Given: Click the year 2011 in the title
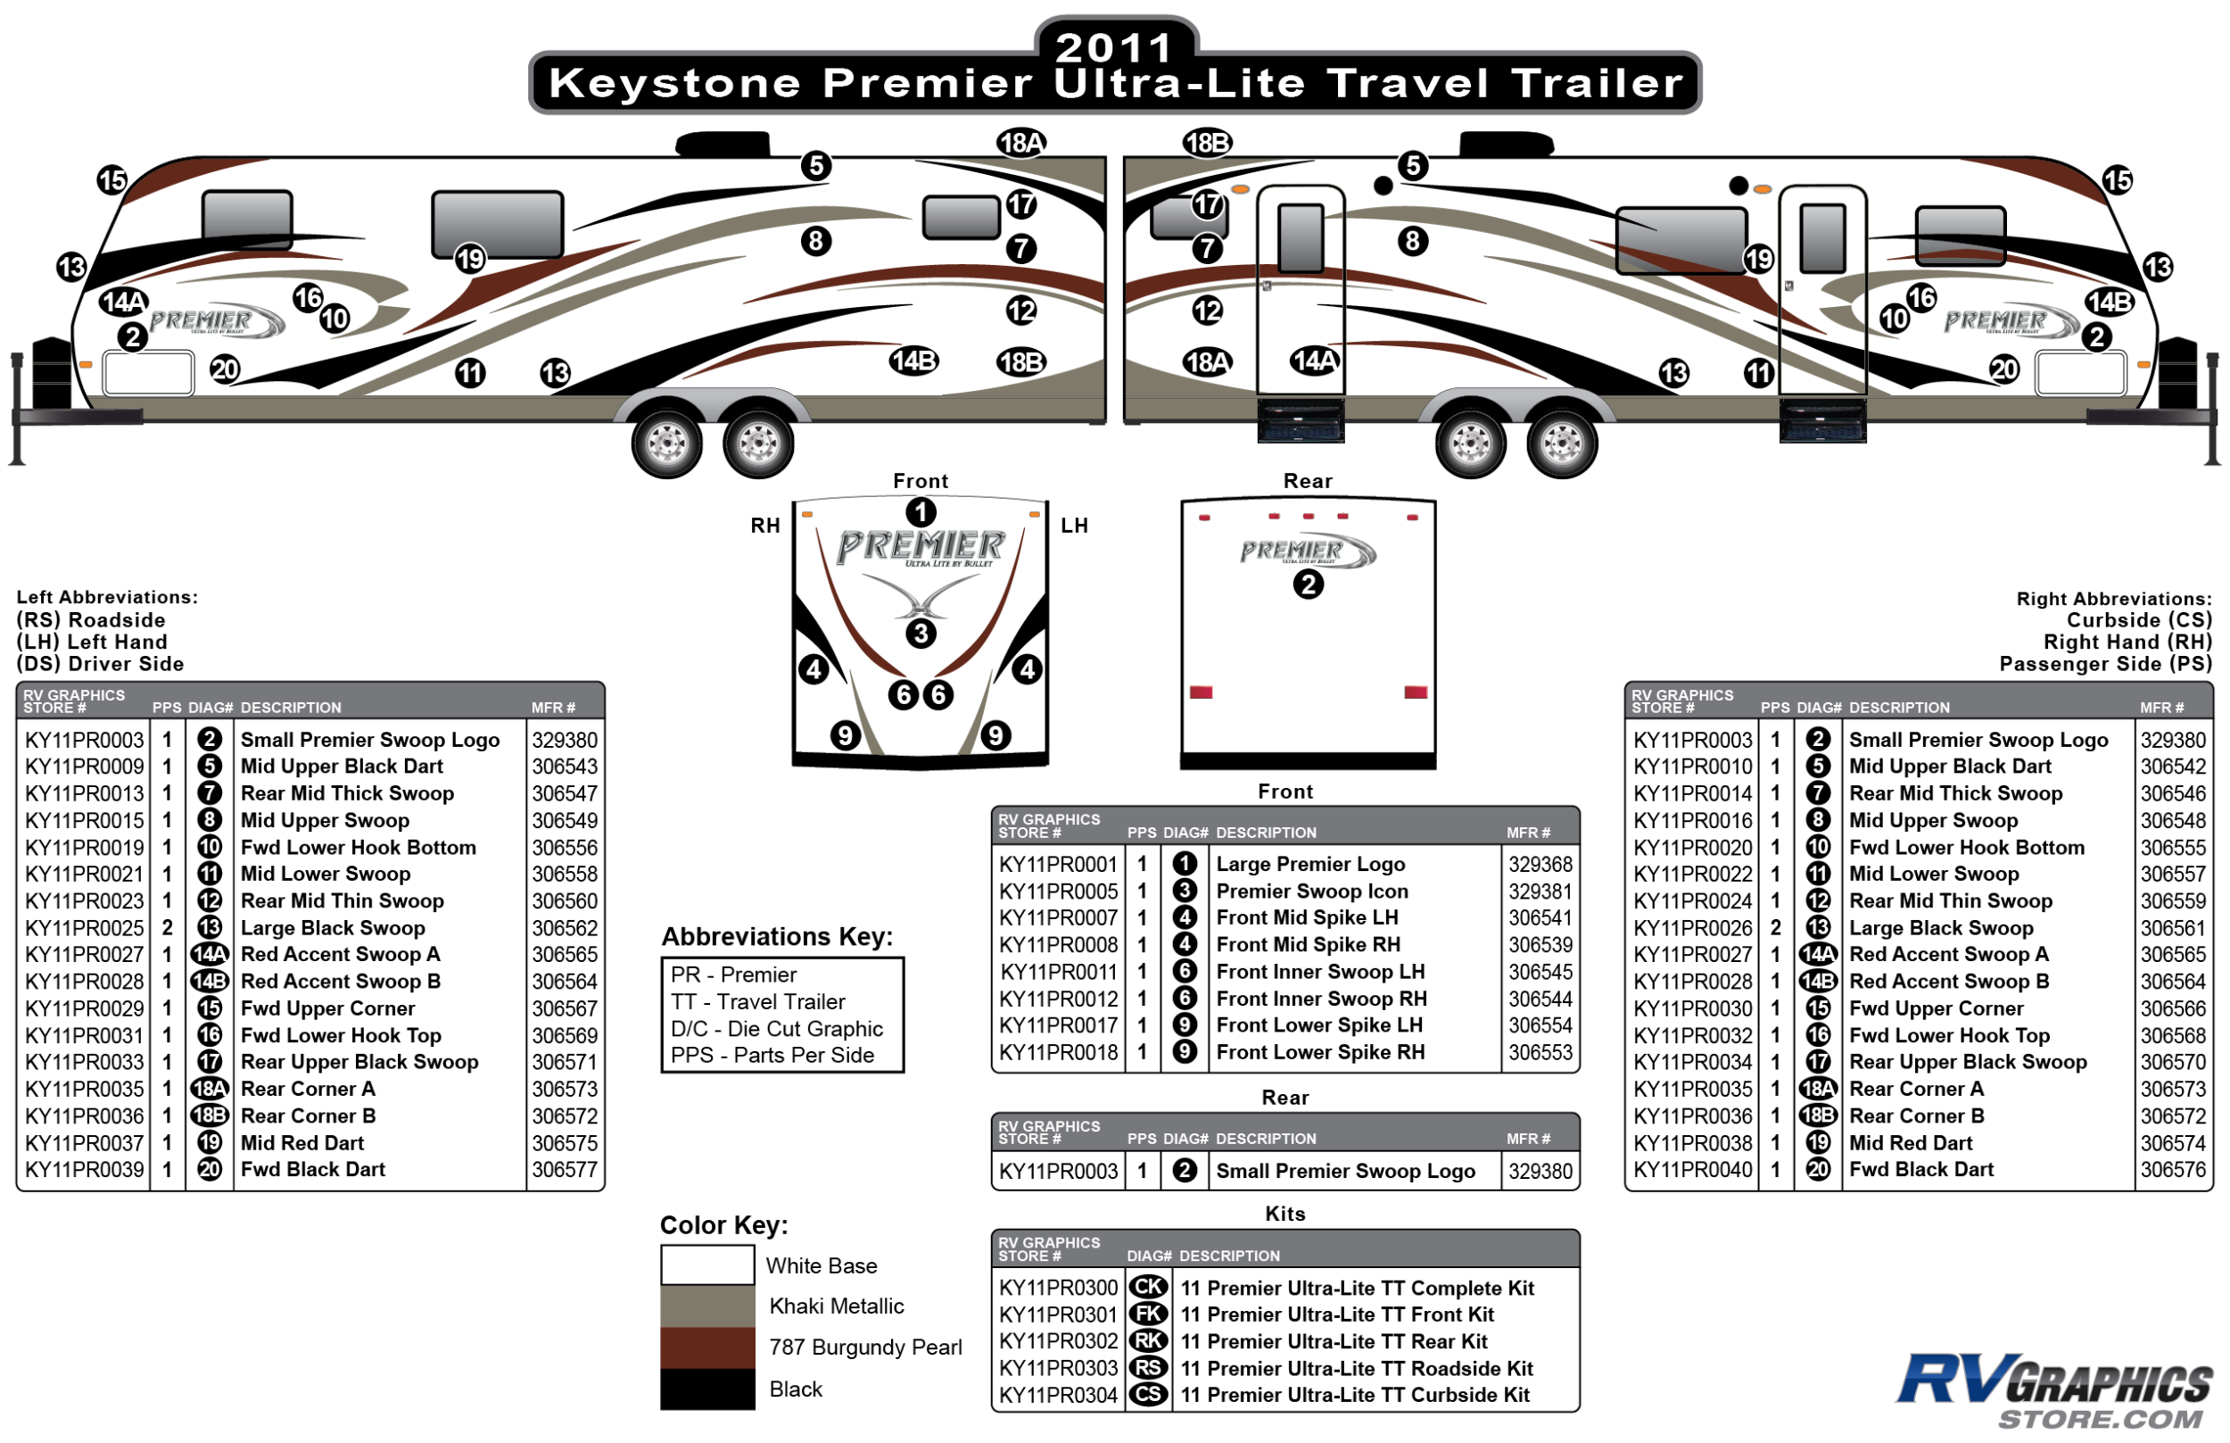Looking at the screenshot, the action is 1114,46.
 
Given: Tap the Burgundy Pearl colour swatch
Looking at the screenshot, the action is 707,1348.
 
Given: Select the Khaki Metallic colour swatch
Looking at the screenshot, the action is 707,1306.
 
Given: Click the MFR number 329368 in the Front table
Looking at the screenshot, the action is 1540,864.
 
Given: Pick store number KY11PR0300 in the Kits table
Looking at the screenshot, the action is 1058,1289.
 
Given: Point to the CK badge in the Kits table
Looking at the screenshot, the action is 1148,1288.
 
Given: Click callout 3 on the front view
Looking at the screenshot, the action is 921,634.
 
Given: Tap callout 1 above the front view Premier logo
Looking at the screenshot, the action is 921,512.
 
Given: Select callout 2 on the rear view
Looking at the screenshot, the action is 1309,585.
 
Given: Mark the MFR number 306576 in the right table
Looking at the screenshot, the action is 2173,1169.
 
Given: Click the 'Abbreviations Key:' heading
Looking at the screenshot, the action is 777,937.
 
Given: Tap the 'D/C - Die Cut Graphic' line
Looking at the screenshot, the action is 776,1029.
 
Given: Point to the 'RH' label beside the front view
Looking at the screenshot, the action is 765,526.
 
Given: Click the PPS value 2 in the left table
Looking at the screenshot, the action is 168,928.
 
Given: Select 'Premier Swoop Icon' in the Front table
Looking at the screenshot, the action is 1312,892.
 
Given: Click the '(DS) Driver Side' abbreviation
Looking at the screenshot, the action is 100,664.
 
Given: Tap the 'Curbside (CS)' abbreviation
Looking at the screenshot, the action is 2139,620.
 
